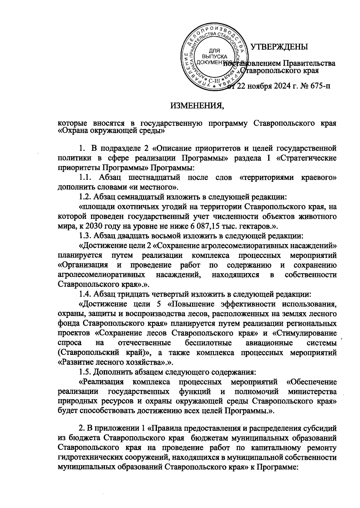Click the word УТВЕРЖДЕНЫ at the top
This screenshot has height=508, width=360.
(279, 47)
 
